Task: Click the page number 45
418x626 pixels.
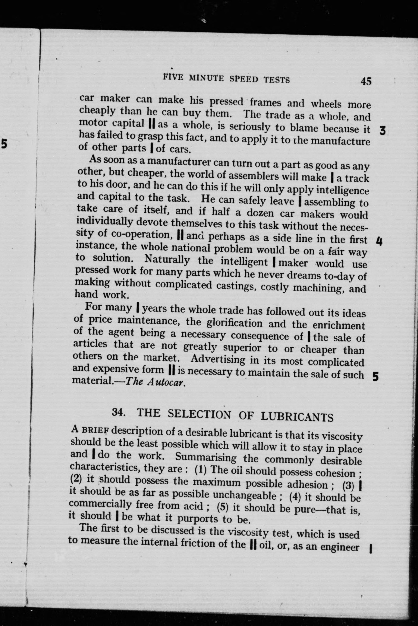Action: click(366, 81)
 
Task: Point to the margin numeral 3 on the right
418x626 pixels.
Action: click(383, 131)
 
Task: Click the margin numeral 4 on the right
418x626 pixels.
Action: click(379, 242)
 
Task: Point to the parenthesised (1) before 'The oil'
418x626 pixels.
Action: click(201, 469)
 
